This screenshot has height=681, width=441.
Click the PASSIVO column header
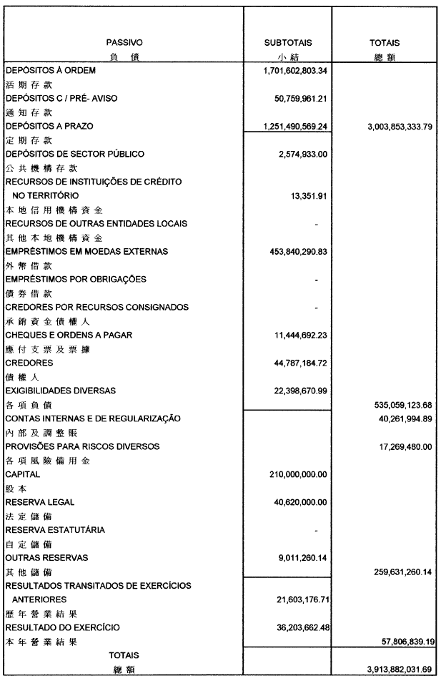[124, 43]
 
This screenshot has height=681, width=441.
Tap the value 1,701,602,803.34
[285, 71]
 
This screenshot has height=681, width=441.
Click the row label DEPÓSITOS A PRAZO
[49, 126]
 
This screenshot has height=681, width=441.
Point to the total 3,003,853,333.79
[389, 127]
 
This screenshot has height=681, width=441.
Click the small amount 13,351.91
[308, 196]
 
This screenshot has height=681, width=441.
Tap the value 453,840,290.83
[289, 251]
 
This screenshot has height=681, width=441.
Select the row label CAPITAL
[23, 474]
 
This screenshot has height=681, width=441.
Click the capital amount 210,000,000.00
[291, 474]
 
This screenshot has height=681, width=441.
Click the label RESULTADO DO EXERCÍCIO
[63, 627]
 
